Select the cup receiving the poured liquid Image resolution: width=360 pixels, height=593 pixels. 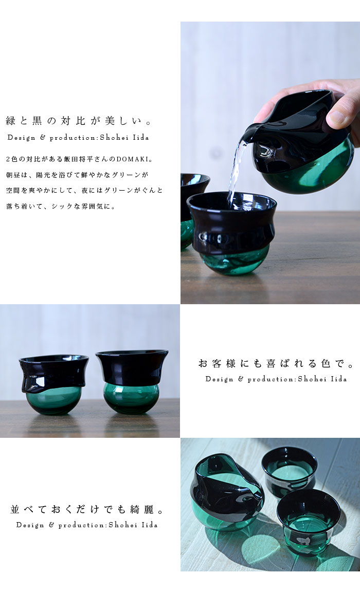(231, 233)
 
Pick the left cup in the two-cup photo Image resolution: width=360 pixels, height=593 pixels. (54, 384)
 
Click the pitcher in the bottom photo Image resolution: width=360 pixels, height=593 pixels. (229, 491)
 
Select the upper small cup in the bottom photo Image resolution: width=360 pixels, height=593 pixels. (290, 471)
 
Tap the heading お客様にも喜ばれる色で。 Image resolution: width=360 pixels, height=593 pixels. (276, 363)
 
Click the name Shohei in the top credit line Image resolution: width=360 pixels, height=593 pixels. (114, 138)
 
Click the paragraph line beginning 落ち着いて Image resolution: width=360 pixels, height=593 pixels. (61, 207)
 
